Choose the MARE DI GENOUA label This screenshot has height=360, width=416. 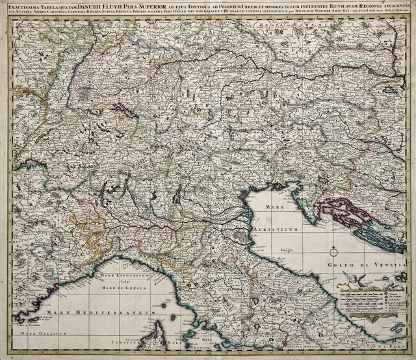(x=125, y=287)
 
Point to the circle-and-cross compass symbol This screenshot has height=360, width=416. (x=333, y=250)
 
